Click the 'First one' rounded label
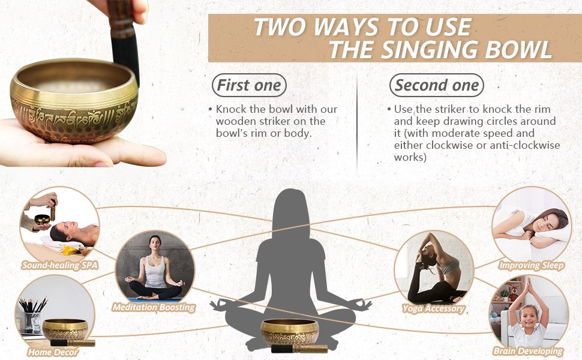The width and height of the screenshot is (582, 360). (248, 85)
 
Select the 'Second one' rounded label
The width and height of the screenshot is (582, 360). (437, 85)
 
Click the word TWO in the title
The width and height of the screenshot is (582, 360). (280, 27)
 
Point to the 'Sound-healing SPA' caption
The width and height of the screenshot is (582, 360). (59, 265)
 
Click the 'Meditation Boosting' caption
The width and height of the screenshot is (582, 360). (154, 307)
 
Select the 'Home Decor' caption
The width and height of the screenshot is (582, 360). (53, 352)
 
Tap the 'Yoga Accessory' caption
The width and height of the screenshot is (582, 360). (434, 308)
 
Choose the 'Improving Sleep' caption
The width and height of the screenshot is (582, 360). (532, 265)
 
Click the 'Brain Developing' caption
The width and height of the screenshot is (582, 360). (528, 351)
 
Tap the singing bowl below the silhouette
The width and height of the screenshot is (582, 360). (290, 331)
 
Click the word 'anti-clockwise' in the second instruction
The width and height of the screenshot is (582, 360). (528, 145)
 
